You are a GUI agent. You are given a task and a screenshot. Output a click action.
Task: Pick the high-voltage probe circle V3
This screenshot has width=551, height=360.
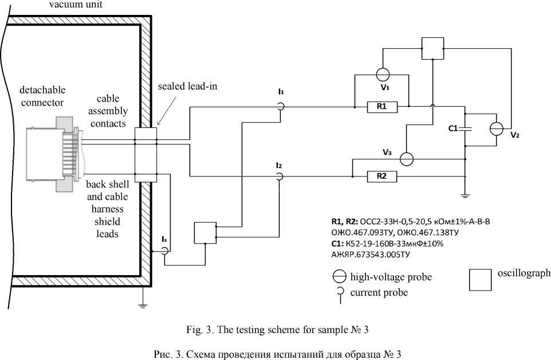(x=407, y=159)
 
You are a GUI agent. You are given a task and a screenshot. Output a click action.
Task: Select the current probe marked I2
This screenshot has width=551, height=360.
(x=279, y=176)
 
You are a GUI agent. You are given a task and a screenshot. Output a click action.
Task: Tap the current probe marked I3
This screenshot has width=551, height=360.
(x=164, y=251)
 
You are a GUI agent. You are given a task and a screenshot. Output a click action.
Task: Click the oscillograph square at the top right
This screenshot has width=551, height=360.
(x=432, y=48)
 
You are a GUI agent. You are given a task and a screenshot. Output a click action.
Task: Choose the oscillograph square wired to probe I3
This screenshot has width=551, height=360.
(x=205, y=232)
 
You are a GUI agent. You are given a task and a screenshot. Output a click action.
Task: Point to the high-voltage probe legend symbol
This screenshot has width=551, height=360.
(x=340, y=277)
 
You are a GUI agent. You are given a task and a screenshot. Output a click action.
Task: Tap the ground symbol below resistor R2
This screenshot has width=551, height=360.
(x=465, y=195)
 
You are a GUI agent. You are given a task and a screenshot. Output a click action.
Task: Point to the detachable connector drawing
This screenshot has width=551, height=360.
(x=54, y=154)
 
